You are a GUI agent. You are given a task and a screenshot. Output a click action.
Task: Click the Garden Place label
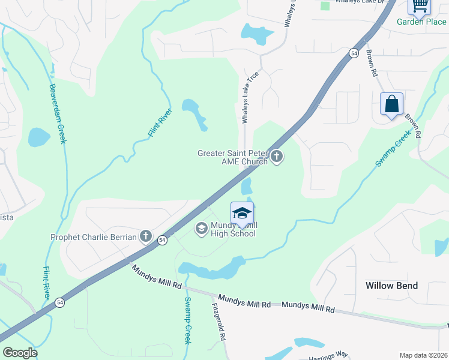coord(421,22)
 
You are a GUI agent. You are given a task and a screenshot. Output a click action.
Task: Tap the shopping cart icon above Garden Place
coord(420,5)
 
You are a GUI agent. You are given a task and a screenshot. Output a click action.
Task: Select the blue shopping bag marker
coord(391,104)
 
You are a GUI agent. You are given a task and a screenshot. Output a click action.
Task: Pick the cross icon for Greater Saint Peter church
coord(277,157)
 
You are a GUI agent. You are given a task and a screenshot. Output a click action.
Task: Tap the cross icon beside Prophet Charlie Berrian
coord(146,236)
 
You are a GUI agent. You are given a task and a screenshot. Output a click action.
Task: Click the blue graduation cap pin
coord(242,214)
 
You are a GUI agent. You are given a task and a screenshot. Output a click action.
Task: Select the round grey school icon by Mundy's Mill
coord(201,228)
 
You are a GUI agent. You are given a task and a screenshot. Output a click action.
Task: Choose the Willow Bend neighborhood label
coord(391,286)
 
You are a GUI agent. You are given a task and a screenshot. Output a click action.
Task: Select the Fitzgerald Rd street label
coord(218,322)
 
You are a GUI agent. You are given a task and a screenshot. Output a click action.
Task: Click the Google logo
coord(20,353)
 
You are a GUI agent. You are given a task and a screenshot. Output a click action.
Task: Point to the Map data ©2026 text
coord(424,355)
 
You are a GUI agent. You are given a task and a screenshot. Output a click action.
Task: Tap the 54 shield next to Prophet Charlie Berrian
coord(162,240)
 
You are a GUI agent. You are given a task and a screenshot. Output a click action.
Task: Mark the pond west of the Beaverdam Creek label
coord(39,137)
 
